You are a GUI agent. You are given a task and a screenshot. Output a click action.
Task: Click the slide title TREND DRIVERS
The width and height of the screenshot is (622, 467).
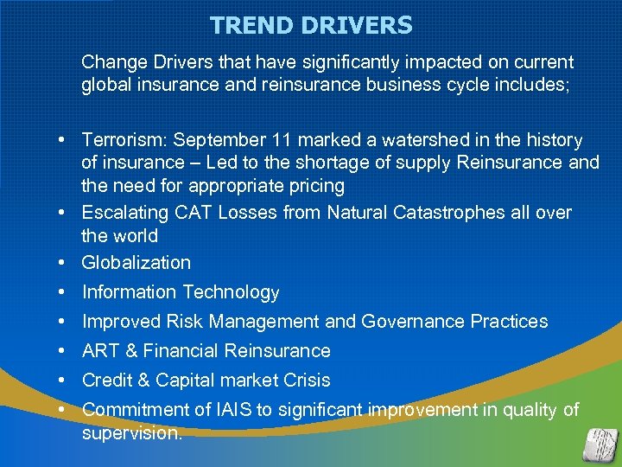click(x=311, y=25)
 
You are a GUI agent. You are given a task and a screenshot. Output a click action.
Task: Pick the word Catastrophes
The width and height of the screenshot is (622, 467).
click(x=435, y=213)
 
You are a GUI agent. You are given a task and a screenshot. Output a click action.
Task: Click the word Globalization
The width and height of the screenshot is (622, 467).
click(x=136, y=263)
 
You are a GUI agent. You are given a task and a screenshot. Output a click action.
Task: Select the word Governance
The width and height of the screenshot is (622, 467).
click(x=413, y=322)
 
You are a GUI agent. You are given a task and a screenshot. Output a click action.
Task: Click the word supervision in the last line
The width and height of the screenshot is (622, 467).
click(x=131, y=433)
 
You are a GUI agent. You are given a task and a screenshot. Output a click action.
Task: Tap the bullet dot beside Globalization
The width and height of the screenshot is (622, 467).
click(x=64, y=263)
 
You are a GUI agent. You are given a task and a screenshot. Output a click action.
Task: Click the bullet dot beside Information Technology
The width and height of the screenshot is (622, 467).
click(x=64, y=292)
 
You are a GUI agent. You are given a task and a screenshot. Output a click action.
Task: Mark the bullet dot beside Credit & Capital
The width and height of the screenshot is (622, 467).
click(x=64, y=381)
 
